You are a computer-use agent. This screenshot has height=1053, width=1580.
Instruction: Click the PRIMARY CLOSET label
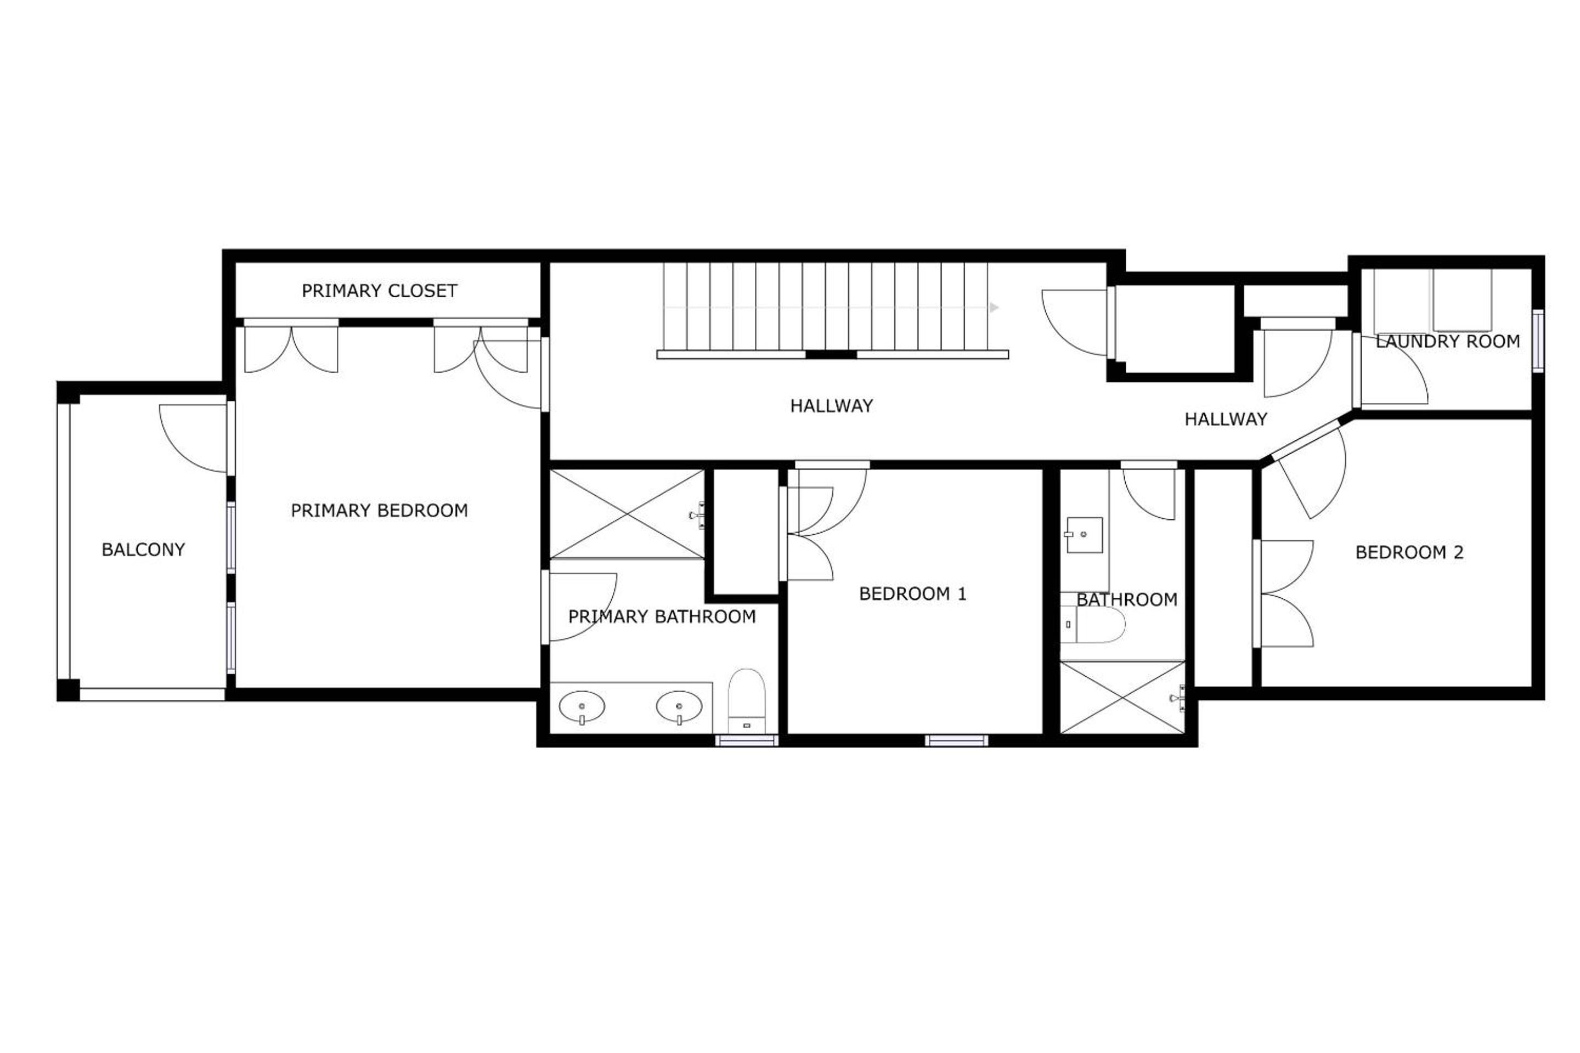click(x=379, y=291)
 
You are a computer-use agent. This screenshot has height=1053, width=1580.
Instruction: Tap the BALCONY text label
click(x=143, y=550)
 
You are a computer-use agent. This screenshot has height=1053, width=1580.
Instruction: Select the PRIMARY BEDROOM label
click(x=379, y=511)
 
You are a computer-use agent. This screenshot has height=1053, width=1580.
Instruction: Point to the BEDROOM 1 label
click(x=912, y=593)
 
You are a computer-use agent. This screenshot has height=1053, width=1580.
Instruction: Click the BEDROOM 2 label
click(x=1409, y=553)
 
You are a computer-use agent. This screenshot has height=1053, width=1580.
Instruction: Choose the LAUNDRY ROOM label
click(x=1448, y=342)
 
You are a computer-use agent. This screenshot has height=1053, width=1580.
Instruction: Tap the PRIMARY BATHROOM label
click(x=662, y=616)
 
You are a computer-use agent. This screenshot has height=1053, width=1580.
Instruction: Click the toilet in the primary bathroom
click(x=746, y=700)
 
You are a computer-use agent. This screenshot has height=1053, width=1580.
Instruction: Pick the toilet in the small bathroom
click(x=1092, y=625)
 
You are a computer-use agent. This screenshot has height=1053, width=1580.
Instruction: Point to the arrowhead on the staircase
click(x=994, y=308)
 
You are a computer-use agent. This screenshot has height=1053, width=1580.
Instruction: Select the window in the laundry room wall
click(x=1538, y=341)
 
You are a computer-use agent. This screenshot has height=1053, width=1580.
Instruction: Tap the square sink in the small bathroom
click(x=1084, y=535)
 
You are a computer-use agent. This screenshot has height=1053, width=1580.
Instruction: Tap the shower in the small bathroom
click(x=1122, y=697)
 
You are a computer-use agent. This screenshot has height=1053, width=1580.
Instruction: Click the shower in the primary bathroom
click(x=627, y=514)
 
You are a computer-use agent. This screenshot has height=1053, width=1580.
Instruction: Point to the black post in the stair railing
click(x=831, y=355)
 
